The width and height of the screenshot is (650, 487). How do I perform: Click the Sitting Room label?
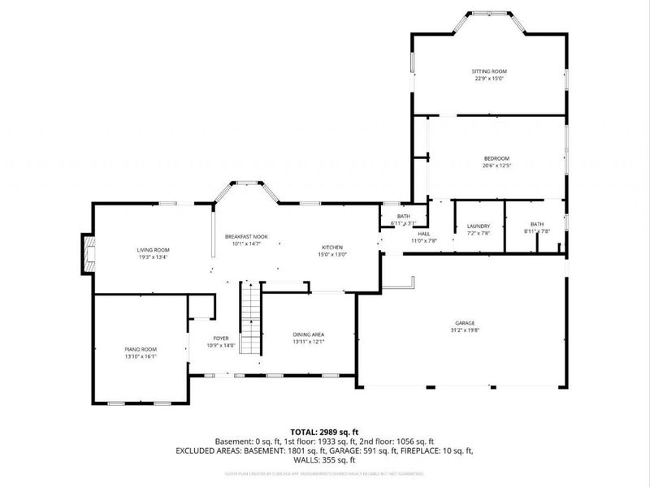click(x=490, y=71)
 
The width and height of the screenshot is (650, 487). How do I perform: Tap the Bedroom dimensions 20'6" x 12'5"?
click(x=496, y=166)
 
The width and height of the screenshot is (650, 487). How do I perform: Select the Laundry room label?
click(x=479, y=226)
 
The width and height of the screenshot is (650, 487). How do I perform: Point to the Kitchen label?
click(x=332, y=248)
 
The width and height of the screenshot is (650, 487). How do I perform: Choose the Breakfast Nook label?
click(x=246, y=236)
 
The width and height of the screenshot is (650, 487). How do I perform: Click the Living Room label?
click(x=153, y=249)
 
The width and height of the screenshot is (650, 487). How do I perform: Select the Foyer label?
click(x=221, y=338)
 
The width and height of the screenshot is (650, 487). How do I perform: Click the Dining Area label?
click(x=309, y=334)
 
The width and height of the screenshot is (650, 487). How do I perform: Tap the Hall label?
click(x=424, y=234)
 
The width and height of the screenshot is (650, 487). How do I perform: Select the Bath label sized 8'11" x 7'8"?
click(x=537, y=224)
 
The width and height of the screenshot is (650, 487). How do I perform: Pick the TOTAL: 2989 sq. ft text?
click(x=324, y=431)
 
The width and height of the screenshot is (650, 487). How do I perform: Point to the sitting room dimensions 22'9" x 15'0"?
click(x=490, y=79)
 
